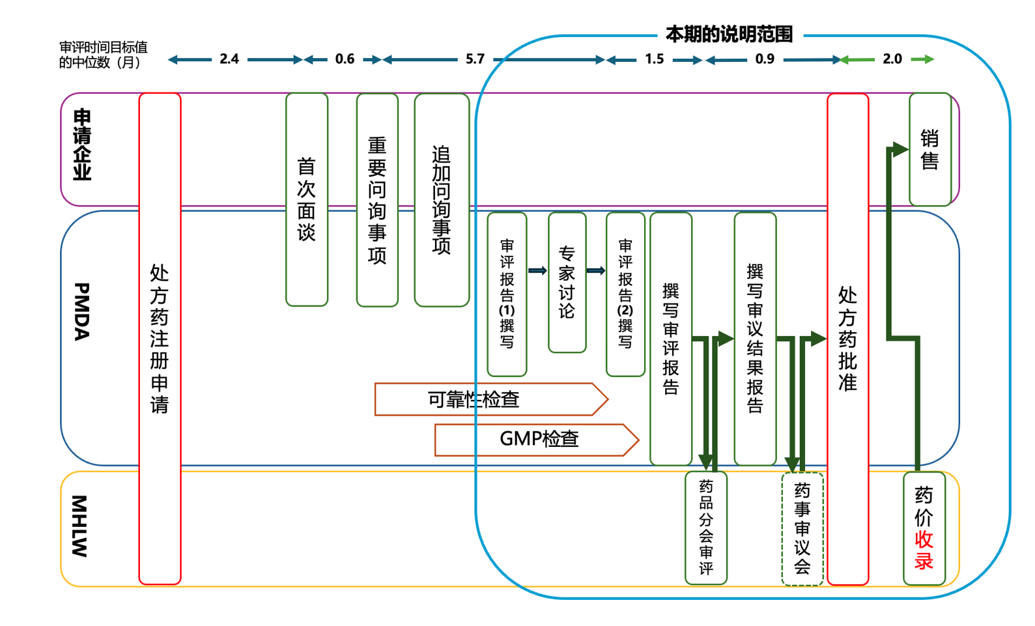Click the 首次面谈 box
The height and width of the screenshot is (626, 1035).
(307, 199)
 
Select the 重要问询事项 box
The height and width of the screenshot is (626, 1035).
(377, 200)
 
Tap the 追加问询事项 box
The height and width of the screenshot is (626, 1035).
(442, 200)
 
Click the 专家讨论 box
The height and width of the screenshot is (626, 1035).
(567, 282)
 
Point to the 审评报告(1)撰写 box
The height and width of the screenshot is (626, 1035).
(507, 294)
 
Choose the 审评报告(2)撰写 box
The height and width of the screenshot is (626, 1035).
(625, 294)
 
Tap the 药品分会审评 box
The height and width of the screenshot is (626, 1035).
(706, 528)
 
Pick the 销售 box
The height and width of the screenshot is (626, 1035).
(929, 149)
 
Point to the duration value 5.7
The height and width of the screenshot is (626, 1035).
(475, 59)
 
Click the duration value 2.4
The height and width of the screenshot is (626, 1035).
(229, 59)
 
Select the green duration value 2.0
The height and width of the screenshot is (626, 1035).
(892, 59)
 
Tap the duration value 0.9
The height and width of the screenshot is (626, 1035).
(765, 59)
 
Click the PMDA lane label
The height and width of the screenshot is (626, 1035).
(81, 311)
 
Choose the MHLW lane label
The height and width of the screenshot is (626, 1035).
(79, 526)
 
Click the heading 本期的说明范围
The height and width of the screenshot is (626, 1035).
(729, 35)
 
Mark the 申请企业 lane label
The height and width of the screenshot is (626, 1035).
(82, 145)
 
